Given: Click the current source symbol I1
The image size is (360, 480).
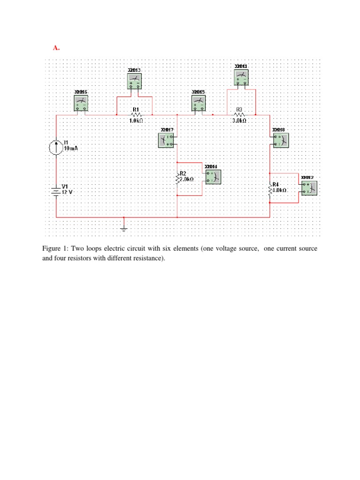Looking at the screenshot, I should coord(56,147).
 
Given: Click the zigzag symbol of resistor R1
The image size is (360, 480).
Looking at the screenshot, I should coord(135,114).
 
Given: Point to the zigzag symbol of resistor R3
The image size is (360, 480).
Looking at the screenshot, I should coord(239,114).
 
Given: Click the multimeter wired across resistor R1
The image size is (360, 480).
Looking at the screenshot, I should coord(135,81).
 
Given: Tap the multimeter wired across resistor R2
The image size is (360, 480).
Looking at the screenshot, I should coord(212,177).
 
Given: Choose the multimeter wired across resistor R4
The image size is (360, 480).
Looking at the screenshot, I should coord(309,188).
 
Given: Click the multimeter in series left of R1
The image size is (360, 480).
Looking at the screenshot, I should coord(81,103).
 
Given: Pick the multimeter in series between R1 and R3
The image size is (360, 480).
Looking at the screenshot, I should coord(199,103).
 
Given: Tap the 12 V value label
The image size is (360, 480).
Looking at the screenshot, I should coord(68,193).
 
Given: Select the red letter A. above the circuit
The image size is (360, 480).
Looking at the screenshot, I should coord(56,48).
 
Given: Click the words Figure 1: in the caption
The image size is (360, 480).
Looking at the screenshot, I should coord(55,248).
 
